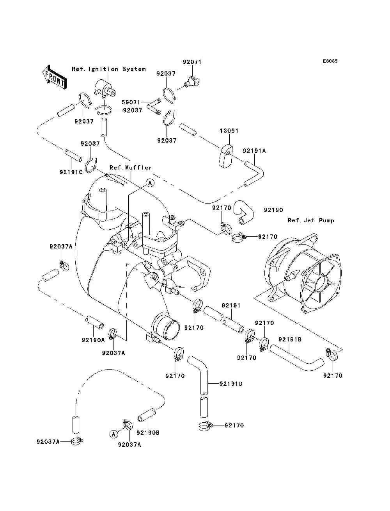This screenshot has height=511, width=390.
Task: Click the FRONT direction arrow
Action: coord(55,77)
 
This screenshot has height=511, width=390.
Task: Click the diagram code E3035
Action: coord(330,61)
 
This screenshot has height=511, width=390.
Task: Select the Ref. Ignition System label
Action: coord(109,69)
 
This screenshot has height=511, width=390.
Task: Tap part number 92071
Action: coord(192,62)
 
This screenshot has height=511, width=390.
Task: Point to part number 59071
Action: coord(131,102)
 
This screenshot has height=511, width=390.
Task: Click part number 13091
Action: coord(229,131)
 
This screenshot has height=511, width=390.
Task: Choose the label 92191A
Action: coord(254,151)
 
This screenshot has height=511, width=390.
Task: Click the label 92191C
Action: coord(71,172)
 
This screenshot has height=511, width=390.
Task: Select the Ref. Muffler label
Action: coord(131,168)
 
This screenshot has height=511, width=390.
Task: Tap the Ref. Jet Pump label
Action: coord(311,220)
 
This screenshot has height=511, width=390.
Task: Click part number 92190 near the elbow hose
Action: coord(273,210)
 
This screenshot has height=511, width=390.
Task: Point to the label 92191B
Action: coord(290,339)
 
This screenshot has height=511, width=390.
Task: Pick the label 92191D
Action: coord(231,384)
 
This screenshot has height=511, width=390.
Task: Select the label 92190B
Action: coord(148,433)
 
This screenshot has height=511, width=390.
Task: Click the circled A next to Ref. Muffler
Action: coord(150,183)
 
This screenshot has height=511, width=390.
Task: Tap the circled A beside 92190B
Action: coord(113,434)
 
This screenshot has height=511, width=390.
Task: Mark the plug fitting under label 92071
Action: coord(192,82)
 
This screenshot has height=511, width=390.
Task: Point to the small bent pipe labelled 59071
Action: coord(154,107)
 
